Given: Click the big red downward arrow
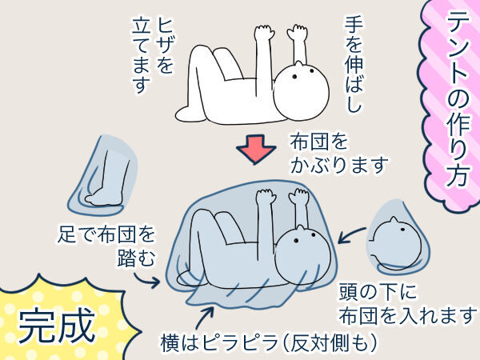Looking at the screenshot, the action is coord(256,150).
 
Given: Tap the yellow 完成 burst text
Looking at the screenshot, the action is coord(56,325).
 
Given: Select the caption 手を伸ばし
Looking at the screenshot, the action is coord(354,64).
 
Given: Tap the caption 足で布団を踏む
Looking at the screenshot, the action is coord(106,246).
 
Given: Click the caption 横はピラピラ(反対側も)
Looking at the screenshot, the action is coord(268,343).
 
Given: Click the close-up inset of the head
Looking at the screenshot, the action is coord(398,238).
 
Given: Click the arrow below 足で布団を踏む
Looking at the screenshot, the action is coord(146,279).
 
